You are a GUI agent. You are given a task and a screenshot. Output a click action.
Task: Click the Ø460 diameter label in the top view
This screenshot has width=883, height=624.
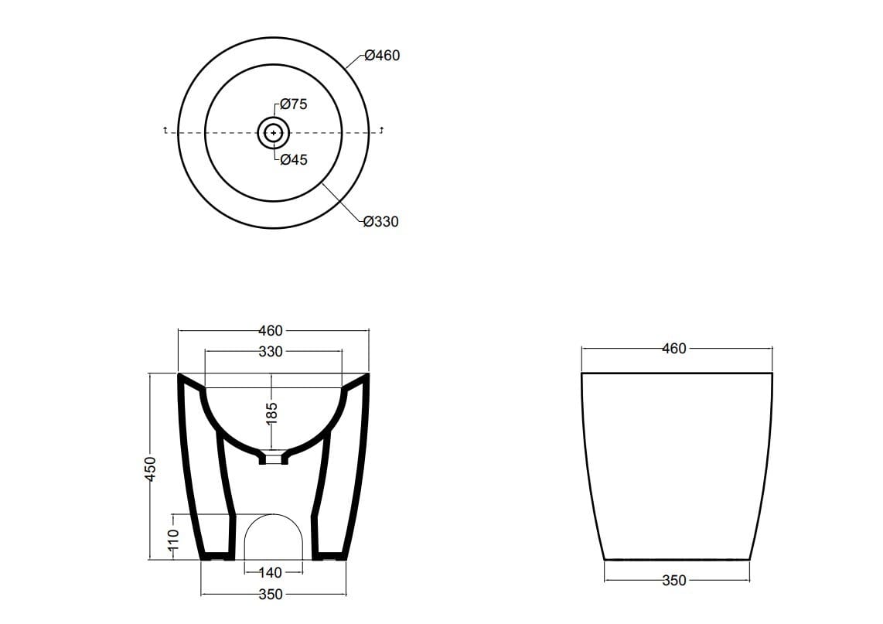pyautogui.click(x=382, y=56)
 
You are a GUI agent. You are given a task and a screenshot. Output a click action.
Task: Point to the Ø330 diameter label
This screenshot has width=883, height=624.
pyautogui.click(x=381, y=222)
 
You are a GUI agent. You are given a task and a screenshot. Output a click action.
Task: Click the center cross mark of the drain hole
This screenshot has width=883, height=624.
pyautogui.click(x=273, y=133)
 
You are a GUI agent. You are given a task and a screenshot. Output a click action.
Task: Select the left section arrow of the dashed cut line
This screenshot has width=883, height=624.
pyautogui.click(x=165, y=131)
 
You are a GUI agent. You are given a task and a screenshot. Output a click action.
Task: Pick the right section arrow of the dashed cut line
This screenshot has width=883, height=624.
pyautogui.click(x=382, y=131)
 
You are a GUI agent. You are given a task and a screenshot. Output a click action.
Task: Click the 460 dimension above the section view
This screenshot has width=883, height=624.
pyautogui.click(x=271, y=331)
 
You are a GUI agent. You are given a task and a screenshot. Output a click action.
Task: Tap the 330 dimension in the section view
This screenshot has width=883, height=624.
pyautogui.click(x=271, y=352)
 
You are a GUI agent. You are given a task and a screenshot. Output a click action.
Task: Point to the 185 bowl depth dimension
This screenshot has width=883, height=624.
pyautogui.click(x=271, y=412)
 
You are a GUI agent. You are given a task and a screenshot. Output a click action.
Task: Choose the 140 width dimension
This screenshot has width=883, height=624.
pyautogui.click(x=271, y=573)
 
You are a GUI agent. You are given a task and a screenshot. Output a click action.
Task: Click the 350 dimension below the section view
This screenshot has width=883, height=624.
pyautogui.click(x=271, y=595)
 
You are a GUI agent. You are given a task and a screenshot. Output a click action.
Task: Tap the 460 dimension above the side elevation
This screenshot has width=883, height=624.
pyautogui.click(x=674, y=349)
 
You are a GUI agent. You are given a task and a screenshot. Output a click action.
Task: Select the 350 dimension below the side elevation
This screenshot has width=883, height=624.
pyautogui.click(x=674, y=580)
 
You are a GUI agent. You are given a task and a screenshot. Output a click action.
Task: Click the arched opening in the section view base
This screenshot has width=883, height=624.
pyautogui.click(x=273, y=537)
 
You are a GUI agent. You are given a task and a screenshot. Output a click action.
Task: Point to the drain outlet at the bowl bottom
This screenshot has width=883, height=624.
pyautogui.click(x=273, y=459)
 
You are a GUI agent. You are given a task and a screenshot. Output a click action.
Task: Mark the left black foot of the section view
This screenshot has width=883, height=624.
pyautogui.click(x=216, y=555)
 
